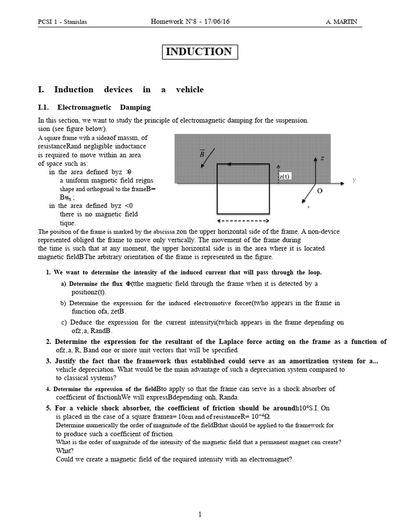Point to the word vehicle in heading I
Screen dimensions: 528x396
[x=188, y=90]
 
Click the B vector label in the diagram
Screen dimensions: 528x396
[x=202, y=154]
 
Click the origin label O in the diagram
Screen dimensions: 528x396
[x=320, y=191]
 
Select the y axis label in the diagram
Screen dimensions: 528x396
[x=354, y=180]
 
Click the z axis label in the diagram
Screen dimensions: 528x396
[x=322, y=158]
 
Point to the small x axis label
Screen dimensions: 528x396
[x=308, y=206]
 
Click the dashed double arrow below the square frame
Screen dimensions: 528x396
[x=242, y=221]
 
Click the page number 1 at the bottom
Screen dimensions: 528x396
[x=201, y=514]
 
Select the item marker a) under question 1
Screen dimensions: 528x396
[x=64, y=284]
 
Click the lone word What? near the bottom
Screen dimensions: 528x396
[x=65, y=451]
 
